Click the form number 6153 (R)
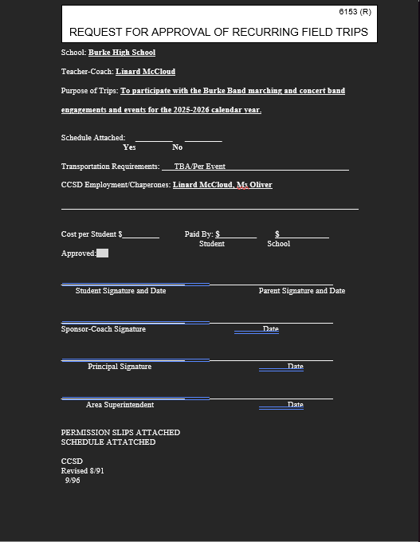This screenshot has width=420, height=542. click(x=355, y=12)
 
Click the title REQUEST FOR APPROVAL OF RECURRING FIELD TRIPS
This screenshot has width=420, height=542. click(x=218, y=32)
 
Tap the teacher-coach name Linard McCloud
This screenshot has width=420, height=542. click(x=145, y=72)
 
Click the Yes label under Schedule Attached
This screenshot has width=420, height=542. click(x=129, y=147)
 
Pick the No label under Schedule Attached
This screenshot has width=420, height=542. click(x=177, y=147)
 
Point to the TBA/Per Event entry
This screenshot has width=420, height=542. click(x=199, y=167)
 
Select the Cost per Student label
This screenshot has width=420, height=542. click(x=92, y=234)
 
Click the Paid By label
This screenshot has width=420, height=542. click(x=198, y=234)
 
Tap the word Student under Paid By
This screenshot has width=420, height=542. click(x=212, y=244)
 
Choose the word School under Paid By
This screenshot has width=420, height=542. click(x=278, y=244)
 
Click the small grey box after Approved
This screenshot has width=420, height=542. click(x=102, y=253)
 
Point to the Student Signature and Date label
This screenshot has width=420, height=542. click(x=121, y=291)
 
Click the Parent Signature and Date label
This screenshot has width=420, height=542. click(x=302, y=291)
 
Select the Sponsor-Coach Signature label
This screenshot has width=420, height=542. click(x=104, y=329)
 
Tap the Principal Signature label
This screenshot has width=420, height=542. click(x=120, y=367)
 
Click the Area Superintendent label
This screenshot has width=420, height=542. click(x=120, y=405)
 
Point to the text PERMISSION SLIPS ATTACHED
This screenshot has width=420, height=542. click(x=120, y=432)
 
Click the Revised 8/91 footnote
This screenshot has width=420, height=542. click(x=83, y=471)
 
